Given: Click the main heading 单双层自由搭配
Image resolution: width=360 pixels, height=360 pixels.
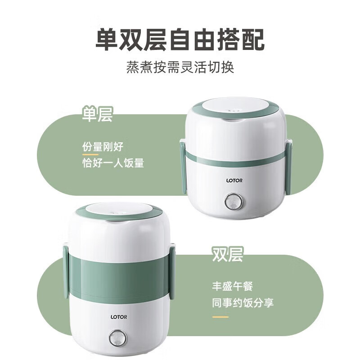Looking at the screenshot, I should (180, 39).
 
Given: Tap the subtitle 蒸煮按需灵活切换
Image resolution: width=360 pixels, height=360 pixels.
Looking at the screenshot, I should (180, 68).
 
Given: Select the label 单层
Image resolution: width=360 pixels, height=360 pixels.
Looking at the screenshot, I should (97, 114).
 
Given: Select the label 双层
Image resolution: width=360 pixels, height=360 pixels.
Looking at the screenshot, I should (228, 254).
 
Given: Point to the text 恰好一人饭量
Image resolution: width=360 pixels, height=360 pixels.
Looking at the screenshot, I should (113, 163).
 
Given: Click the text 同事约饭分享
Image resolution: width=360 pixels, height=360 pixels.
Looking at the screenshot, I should (243, 302).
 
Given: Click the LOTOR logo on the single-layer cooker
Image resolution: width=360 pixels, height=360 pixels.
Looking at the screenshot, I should (234, 181).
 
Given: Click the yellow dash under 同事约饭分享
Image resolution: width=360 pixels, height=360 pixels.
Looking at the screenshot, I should (220, 316).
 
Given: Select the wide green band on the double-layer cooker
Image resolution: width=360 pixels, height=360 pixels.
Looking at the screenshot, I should (119, 274).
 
